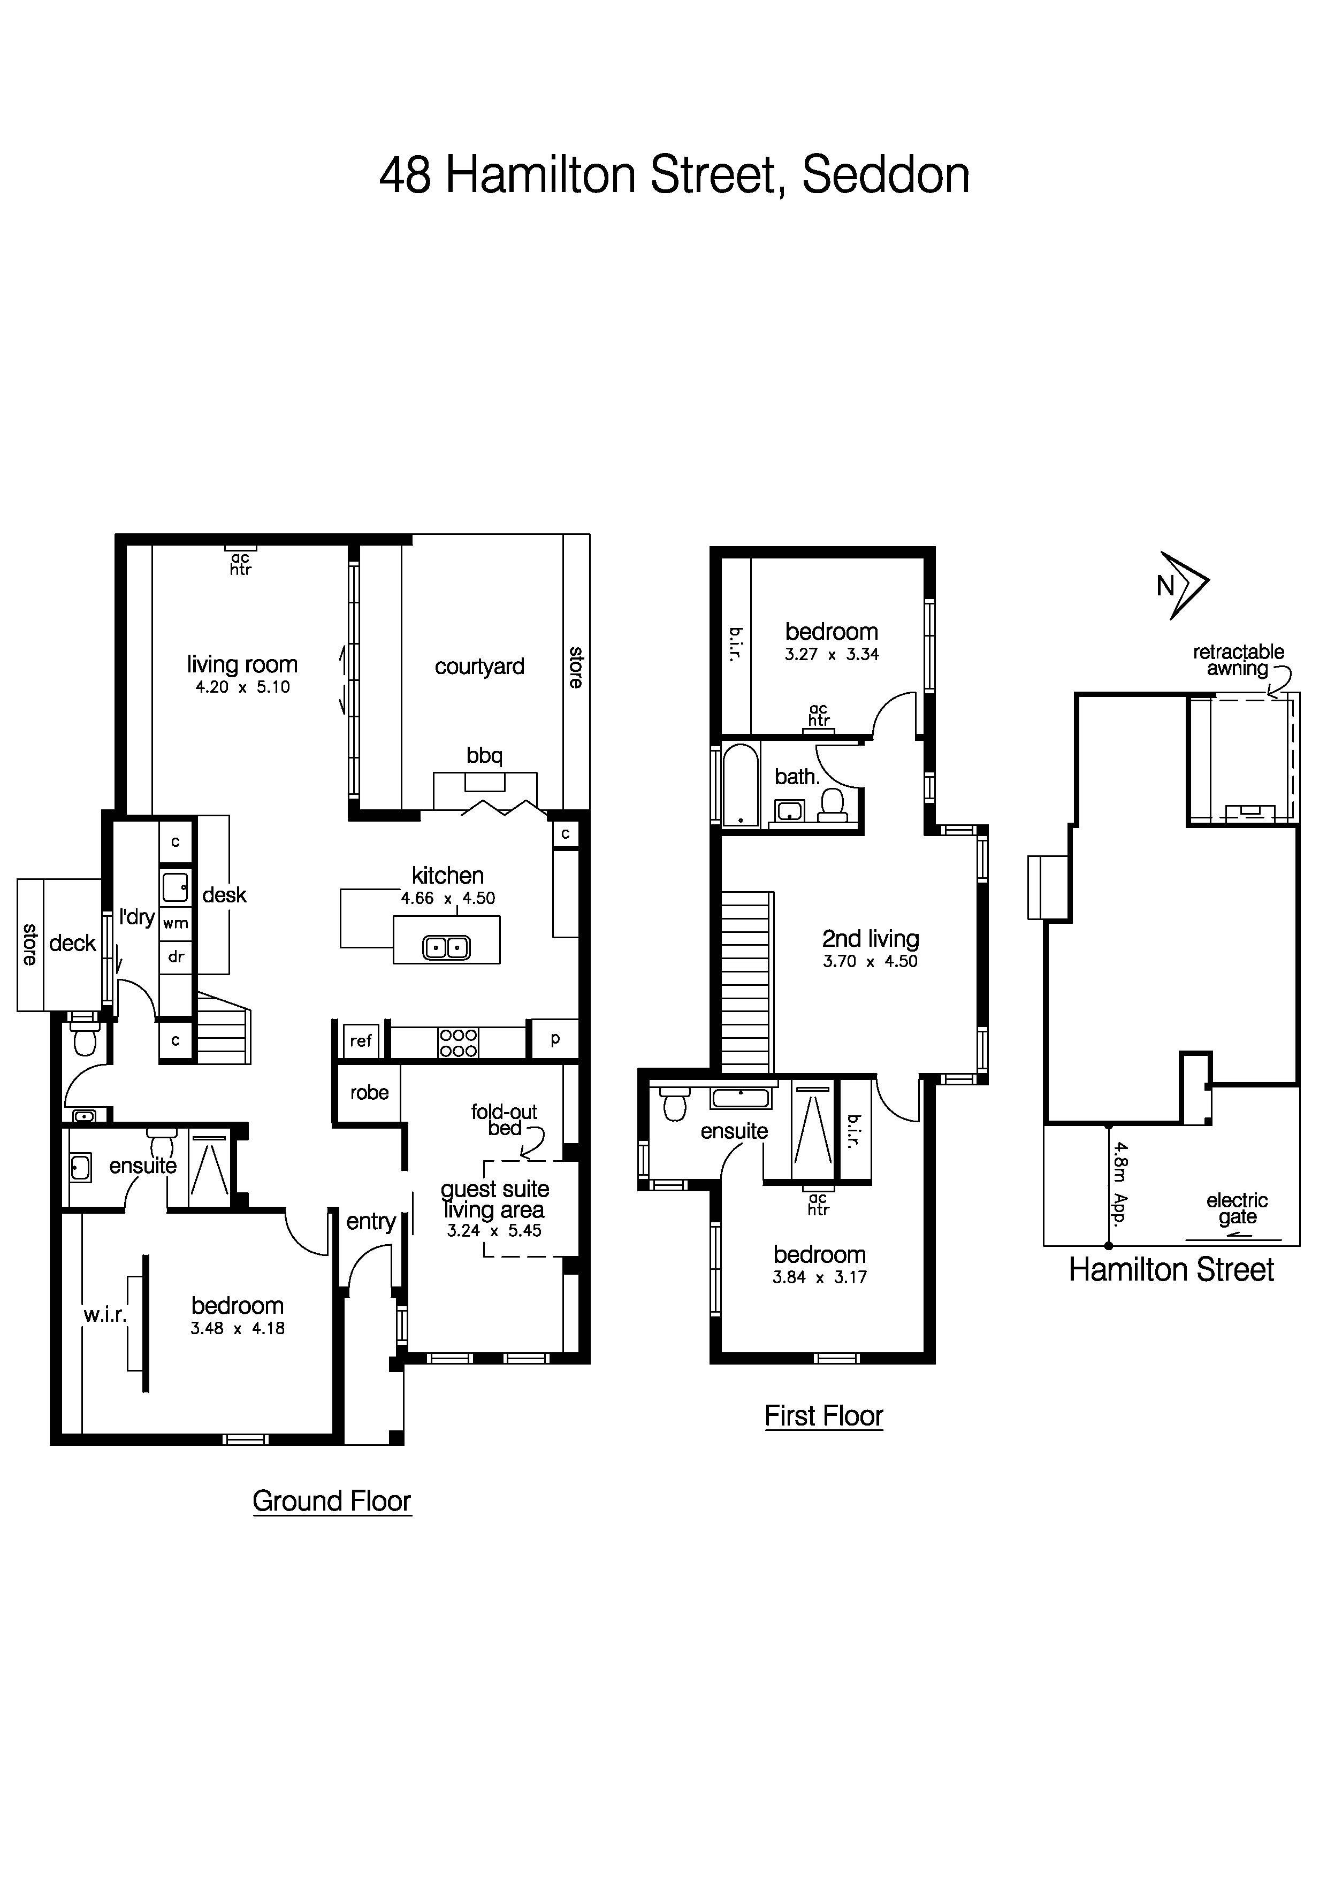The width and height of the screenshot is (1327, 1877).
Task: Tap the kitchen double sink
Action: coord(446,947)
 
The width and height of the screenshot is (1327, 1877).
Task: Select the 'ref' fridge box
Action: coord(361,1041)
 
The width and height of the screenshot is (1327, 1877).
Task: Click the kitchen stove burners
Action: coord(458,1043)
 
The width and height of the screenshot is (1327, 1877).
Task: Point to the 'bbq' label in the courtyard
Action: coord(484,755)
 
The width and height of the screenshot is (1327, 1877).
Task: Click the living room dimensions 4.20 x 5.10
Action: coord(242,687)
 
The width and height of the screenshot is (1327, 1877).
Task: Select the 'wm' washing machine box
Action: coord(176,924)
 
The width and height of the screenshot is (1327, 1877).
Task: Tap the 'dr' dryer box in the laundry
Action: coord(176,956)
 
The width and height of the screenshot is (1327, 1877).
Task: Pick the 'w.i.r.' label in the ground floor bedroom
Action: coord(105,1315)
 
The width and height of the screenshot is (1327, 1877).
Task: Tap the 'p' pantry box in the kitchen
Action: coord(555,1039)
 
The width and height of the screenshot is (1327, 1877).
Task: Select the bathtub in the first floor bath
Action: coord(741,785)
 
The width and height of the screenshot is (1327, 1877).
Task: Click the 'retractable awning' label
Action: coord(1237,660)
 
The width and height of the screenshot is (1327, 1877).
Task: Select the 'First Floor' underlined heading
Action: coord(823,1416)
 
